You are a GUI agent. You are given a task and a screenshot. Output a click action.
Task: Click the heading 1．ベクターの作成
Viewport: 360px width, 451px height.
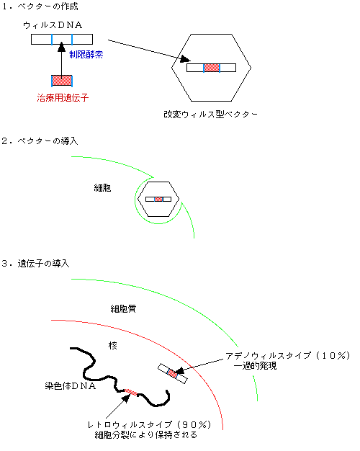click(40, 6)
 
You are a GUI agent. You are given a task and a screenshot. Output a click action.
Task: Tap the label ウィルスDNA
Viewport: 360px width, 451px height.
click(53, 25)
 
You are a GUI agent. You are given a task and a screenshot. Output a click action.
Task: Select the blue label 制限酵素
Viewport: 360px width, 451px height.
click(86, 55)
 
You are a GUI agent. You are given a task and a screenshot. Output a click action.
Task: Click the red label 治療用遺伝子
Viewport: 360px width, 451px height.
click(63, 98)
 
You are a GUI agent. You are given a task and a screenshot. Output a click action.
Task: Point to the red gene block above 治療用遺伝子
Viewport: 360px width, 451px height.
click(62, 81)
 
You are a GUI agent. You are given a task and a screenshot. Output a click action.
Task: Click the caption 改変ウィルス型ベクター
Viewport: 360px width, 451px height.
click(210, 115)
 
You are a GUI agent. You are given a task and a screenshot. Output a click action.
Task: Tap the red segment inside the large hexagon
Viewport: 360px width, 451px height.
click(212, 68)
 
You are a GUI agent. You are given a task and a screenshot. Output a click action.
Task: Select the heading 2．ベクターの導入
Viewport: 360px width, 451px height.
click(40, 141)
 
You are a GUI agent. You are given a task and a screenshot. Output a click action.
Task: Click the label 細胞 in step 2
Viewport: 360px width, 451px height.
click(102, 188)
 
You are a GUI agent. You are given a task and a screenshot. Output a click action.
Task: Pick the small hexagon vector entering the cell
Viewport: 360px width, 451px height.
click(158, 199)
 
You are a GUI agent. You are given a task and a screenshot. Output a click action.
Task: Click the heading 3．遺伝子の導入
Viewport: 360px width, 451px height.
click(36, 264)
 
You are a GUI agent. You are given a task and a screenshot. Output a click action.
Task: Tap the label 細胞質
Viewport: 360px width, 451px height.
click(123, 309)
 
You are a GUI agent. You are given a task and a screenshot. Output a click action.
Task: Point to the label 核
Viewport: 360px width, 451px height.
click(113, 345)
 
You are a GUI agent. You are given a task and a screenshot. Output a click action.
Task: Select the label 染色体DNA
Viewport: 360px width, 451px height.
click(71, 385)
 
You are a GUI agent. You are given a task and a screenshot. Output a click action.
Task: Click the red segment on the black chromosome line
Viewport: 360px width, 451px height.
click(130, 392)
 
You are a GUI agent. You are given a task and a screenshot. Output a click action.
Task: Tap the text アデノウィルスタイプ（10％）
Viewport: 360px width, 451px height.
click(288, 356)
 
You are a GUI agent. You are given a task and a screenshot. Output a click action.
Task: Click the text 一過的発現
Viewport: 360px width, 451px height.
click(256, 366)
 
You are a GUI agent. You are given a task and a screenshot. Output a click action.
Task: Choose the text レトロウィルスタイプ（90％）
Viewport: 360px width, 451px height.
click(150, 425)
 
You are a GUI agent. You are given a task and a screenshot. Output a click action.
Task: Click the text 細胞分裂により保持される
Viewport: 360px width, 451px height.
click(146, 434)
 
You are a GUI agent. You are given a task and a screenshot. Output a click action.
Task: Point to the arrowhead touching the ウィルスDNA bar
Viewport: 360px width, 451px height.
click(61, 47)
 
